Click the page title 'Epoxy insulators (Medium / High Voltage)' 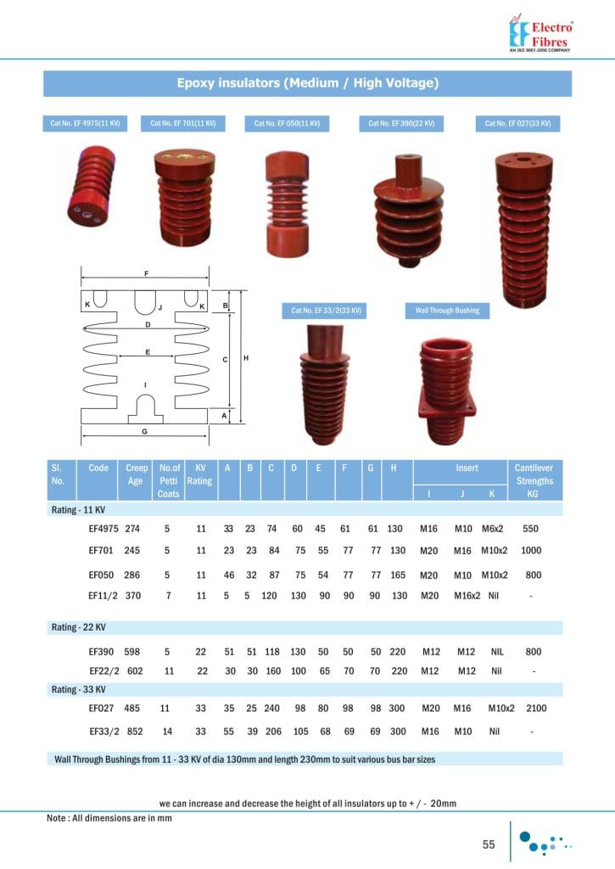pos(307,83)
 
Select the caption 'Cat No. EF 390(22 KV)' pos(401,124)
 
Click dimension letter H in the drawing pos(246,359)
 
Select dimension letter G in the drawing pos(145,431)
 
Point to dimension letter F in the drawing pos(147,274)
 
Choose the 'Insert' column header pos(467,468)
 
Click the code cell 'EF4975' pos(104,529)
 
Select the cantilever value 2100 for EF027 pos(537,707)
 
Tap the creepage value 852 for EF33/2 pos(132,730)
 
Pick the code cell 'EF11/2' pos(104,596)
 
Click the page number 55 pos(489,844)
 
